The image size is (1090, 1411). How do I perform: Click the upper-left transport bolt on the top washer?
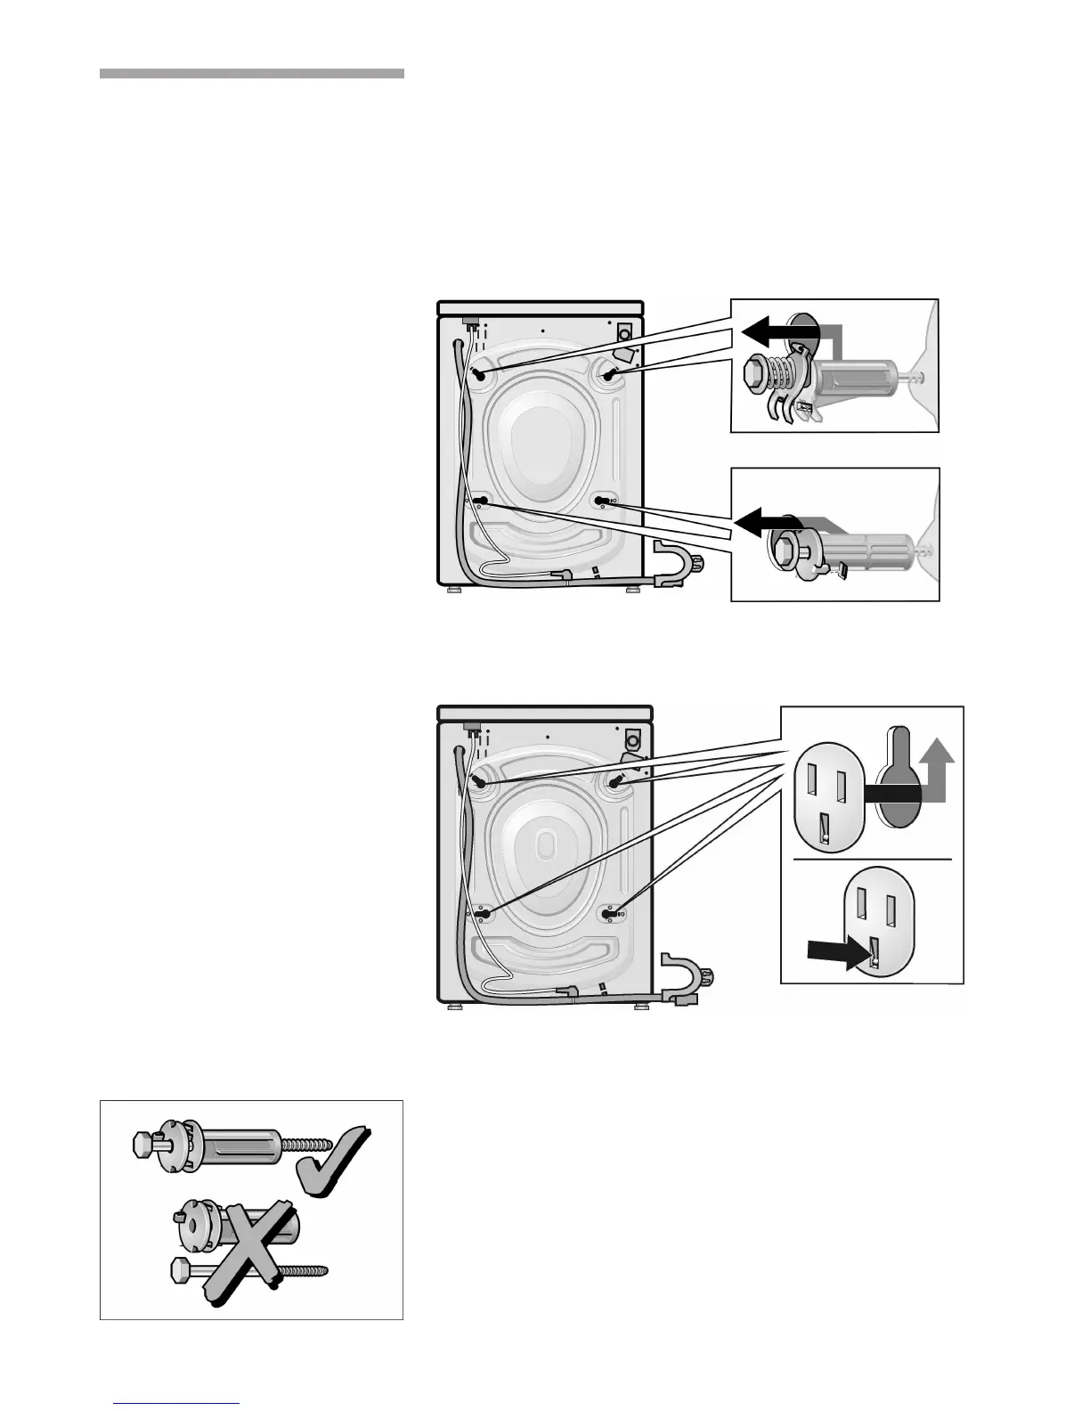481,376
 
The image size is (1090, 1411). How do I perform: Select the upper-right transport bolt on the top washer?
611,376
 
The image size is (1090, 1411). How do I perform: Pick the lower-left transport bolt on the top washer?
481,501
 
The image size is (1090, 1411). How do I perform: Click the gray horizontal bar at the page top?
251,73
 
